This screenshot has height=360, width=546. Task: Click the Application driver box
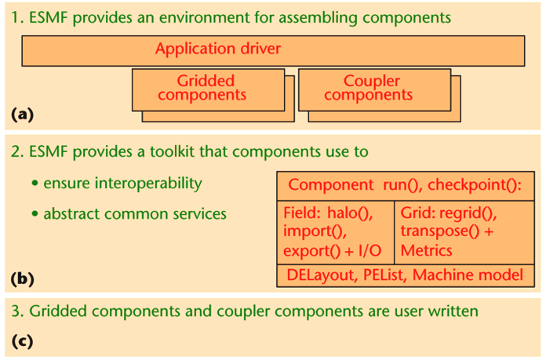pyautogui.click(x=272, y=49)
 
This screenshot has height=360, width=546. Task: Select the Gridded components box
pyautogui.click(x=206, y=88)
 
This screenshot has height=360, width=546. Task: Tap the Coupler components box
pyautogui.click(x=372, y=88)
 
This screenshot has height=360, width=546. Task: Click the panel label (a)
pyautogui.click(x=24, y=114)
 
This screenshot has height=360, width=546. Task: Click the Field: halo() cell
pyautogui.click(x=337, y=231)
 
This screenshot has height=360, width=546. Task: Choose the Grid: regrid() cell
pyautogui.click(x=458, y=231)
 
